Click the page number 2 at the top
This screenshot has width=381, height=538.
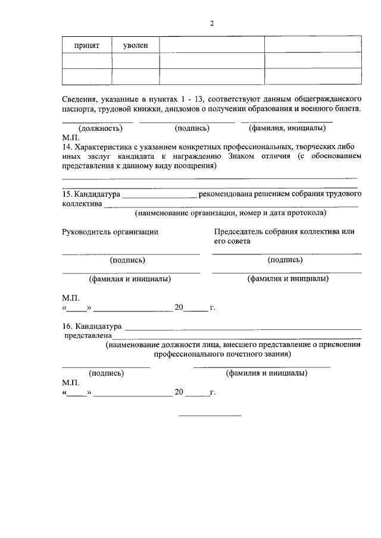coord(211,24)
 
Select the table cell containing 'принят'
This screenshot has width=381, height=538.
coord(86,45)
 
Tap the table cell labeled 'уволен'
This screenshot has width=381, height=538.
coord(136,45)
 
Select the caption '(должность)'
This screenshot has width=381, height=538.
coord(101,128)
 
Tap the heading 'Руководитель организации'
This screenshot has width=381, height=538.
coord(110,232)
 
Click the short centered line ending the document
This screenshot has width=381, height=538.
coord(210,414)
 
